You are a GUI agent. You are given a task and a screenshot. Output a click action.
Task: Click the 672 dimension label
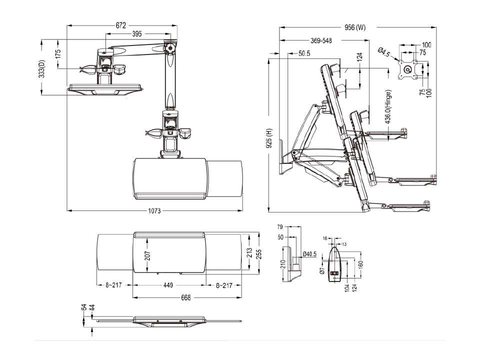point(120,25)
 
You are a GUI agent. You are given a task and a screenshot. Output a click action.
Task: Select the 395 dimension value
point(137,34)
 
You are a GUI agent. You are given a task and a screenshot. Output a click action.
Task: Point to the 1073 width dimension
point(154,211)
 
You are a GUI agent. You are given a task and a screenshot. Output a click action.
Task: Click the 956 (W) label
point(355,27)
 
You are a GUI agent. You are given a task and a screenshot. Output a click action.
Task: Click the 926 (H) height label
point(269,135)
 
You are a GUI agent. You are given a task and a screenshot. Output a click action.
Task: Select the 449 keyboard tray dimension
point(168,285)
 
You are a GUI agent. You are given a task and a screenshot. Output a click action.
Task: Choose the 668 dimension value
point(185,297)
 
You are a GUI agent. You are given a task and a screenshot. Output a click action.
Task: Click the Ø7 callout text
point(322,270)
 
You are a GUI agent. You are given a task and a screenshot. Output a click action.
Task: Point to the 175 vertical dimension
point(58,54)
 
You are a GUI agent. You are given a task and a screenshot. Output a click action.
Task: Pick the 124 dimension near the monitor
point(359,58)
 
